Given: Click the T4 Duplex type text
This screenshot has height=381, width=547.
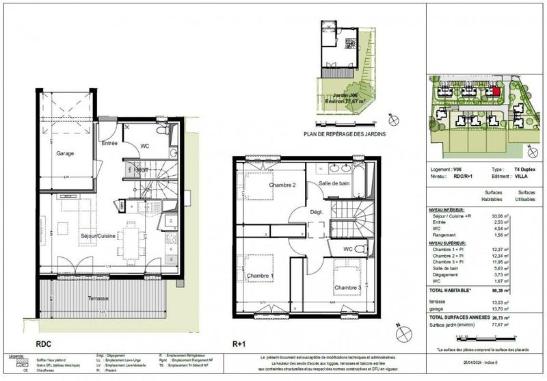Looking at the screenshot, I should click(524, 168).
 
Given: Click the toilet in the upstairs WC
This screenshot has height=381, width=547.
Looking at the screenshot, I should click(366, 249).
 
